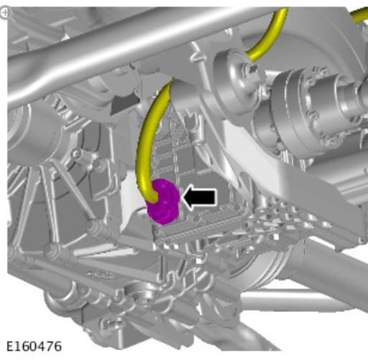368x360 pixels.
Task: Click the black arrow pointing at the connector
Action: pos(199,197)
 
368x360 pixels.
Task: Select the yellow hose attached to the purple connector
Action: pos(151,141)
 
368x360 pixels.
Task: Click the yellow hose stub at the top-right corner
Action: pos(359,15)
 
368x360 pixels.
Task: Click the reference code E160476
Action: pos(34,346)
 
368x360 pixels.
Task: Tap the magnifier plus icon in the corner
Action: pos(4,13)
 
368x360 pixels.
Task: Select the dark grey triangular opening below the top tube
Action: pos(123,103)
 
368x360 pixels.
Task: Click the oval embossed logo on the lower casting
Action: pos(100,275)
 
